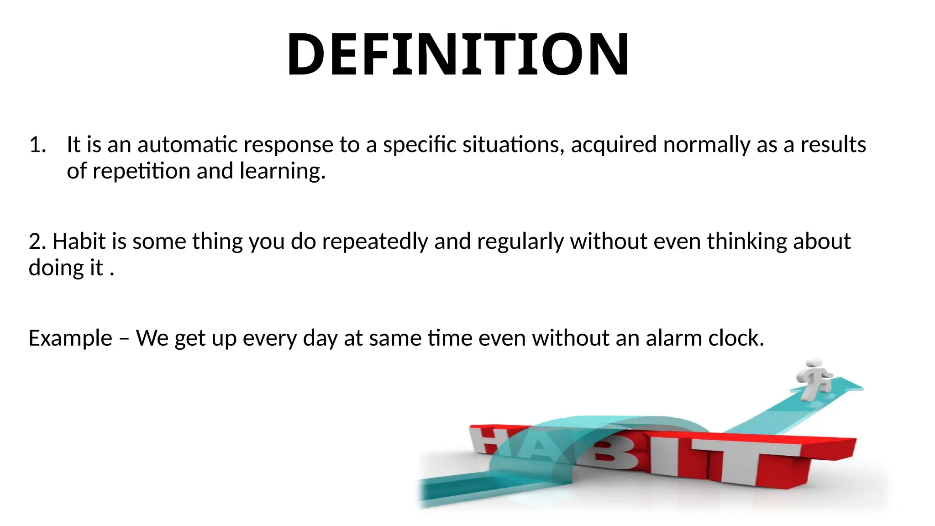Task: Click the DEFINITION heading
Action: tap(458, 54)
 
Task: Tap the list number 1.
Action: tap(37, 145)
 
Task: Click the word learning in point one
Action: tap(282, 172)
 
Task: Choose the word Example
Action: tap(70, 339)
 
